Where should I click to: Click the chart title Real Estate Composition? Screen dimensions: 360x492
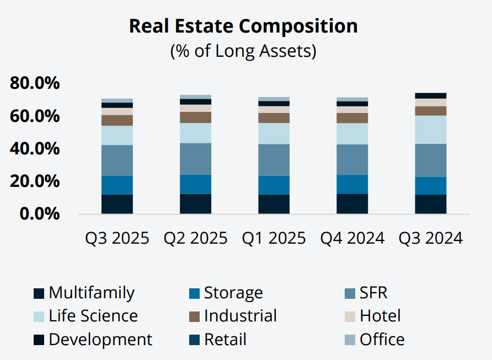[243, 26]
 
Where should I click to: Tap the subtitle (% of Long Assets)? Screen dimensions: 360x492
[243, 51]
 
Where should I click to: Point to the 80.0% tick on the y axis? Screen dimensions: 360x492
[34, 84]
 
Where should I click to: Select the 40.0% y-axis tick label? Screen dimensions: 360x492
[34, 149]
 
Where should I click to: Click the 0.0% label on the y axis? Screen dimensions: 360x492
[39, 214]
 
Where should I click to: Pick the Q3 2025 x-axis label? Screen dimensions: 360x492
[117, 238]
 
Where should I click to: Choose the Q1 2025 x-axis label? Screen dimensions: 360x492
[274, 238]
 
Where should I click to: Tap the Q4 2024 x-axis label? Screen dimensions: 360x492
[352, 238]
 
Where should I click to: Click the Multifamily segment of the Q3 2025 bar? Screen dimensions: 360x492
[117, 203]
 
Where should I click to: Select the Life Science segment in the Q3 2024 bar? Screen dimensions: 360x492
[431, 130]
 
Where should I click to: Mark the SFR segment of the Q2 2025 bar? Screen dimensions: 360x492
[195, 159]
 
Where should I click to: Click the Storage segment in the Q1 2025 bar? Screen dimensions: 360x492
[274, 185]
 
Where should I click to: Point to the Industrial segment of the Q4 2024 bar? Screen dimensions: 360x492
[352, 118]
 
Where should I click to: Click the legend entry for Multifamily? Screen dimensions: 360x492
[91, 293]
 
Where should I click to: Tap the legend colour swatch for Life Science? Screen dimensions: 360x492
[39, 316]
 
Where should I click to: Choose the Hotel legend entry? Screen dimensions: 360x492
[379, 316]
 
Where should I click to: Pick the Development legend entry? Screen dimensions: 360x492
[100, 340]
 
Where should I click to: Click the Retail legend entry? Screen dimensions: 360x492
[224, 340]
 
